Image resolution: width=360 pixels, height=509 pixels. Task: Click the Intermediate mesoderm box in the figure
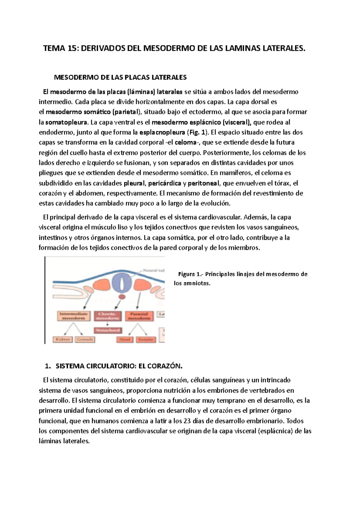point(73,316)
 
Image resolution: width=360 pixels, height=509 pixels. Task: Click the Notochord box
point(108,330)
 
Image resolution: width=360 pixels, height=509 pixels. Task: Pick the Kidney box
point(62,339)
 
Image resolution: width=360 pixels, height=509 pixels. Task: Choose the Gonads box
point(85,339)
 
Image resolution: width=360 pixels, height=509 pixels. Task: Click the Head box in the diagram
point(124,339)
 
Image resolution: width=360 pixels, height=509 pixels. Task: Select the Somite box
point(146,339)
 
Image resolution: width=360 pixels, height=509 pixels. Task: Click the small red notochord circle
point(122,297)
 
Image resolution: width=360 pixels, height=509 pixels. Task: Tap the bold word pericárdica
point(164,183)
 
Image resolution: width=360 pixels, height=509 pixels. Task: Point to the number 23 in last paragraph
point(187,421)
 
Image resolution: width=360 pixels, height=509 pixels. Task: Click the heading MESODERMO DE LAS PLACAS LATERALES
point(120,77)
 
